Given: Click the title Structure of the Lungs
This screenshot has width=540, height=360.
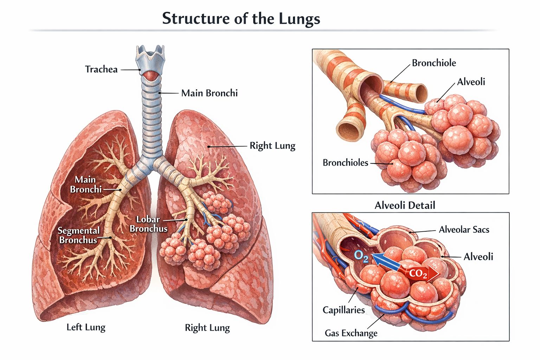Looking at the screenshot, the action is click(241, 19).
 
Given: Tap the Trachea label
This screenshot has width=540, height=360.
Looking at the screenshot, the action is click(101, 70).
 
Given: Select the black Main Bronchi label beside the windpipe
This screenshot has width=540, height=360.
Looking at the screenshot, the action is click(209, 93).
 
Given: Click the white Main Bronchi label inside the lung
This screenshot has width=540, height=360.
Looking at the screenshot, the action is click(85, 185).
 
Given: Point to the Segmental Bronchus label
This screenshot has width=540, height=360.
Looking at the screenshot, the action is click(78, 235).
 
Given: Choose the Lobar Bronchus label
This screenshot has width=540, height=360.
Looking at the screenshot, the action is click(148, 224).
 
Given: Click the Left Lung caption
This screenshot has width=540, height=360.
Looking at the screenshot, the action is click(86, 327).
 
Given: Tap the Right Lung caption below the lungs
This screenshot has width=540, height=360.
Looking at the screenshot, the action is click(207, 328).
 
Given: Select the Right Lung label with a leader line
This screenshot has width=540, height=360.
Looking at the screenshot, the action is click(272, 146).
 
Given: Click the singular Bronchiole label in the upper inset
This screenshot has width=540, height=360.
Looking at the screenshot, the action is click(434, 63).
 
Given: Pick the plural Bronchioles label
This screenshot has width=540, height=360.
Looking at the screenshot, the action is click(345, 163).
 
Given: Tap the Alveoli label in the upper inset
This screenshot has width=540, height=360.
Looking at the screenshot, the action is click(471, 82).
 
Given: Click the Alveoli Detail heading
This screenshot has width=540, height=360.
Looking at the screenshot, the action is click(405, 205).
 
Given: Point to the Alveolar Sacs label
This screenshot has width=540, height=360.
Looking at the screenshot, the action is click(464, 230).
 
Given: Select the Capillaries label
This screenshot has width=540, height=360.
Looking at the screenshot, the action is click(343, 310).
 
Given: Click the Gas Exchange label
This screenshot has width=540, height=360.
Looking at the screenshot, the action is click(351, 333).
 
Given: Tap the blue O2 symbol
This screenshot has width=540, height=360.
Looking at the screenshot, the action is click(361, 257).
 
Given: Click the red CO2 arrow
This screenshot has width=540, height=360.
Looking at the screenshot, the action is click(419, 274).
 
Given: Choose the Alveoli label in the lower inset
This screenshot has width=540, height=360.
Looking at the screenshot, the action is click(478, 257).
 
